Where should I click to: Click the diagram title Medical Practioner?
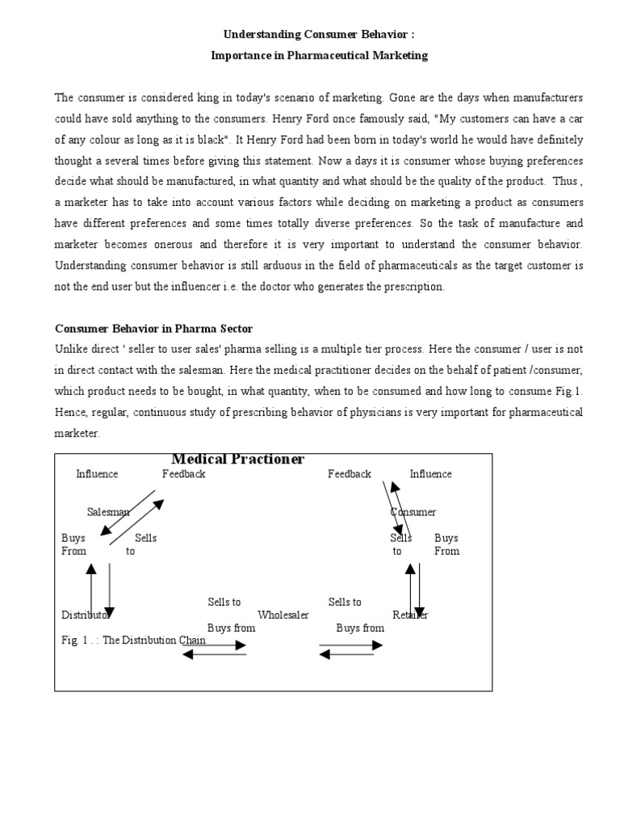[x=237, y=460]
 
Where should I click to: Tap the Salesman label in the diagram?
[x=108, y=512]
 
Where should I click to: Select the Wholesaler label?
[x=283, y=615]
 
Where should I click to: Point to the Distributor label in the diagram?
[x=85, y=615]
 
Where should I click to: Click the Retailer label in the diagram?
[x=410, y=615]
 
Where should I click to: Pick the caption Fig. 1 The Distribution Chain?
[x=133, y=640]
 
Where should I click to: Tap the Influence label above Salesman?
[x=97, y=474]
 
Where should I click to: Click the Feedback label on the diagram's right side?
[x=350, y=474]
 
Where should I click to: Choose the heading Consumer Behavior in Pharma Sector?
[x=153, y=329]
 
